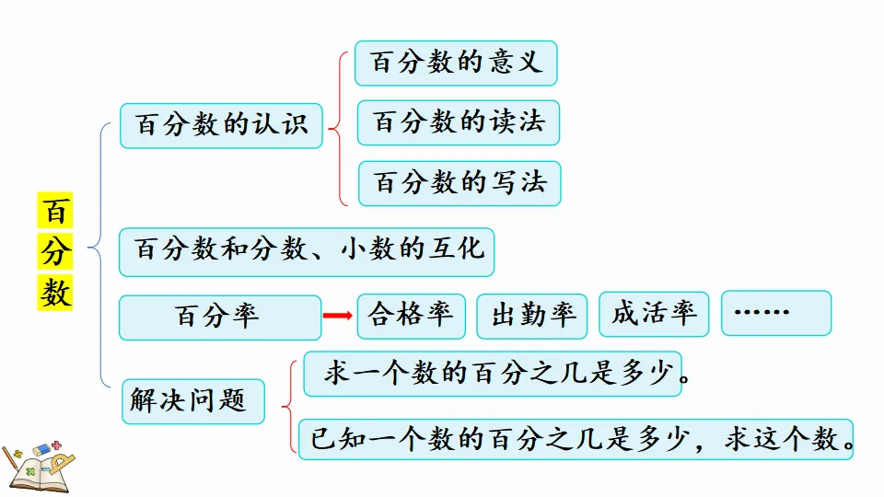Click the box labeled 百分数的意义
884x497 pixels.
[x=456, y=63]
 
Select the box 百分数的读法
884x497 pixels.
[x=459, y=122]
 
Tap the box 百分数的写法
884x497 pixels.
[x=459, y=183]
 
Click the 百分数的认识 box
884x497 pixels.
[x=221, y=125]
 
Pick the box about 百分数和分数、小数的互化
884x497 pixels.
[x=307, y=251]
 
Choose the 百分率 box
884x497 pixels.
[x=220, y=318]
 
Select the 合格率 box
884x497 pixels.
[x=411, y=316]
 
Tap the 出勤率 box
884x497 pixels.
[x=532, y=317]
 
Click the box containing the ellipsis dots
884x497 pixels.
[x=775, y=313]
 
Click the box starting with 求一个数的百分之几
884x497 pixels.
[x=493, y=374]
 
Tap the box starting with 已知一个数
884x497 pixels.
[x=577, y=439]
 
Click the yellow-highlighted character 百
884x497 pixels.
[x=55, y=212]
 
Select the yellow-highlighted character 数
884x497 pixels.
[x=55, y=292]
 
